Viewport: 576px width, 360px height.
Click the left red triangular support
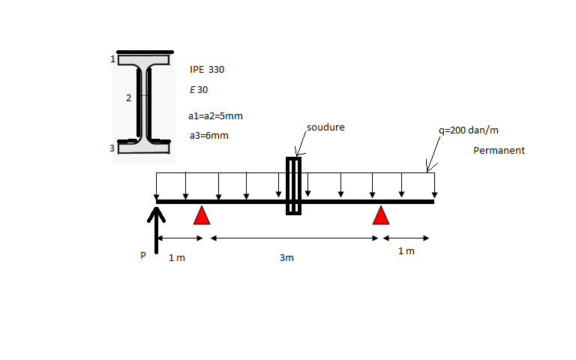pyautogui.click(x=202, y=215)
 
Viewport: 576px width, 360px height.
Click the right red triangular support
pyautogui.click(x=381, y=215)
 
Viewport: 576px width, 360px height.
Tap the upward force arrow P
pyautogui.click(x=157, y=230)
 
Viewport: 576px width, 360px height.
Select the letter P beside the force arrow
pyautogui.click(x=143, y=255)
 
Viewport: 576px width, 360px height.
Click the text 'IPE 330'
pyautogui.click(x=207, y=70)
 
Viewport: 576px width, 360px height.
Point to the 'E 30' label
pyautogui.click(x=199, y=90)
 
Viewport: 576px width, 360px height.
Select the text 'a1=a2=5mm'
pyautogui.click(x=216, y=116)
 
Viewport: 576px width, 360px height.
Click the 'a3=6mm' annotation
pyautogui.click(x=209, y=136)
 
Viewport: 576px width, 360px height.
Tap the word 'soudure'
pyautogui.click(x=325, y=127)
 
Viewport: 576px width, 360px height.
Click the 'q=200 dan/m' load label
pyautogui.click(x=469, y=130)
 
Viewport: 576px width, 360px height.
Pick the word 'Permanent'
pyautogui.click(x=499, y=150)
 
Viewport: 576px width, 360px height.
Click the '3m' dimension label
pyautogui.click(x=286, y=258)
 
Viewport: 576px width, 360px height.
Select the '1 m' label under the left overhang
pyautogui.click(x=177, y=258)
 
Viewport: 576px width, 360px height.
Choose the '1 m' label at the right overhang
pyautogui.click(x=406, y=251)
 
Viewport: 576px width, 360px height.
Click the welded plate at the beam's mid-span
pyautogui.click(x=293, y=186)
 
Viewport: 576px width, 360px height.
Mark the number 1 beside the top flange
pyautogui.click(x=112, y=59)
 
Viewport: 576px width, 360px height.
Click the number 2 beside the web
pyautogui.click(x=128, y=98)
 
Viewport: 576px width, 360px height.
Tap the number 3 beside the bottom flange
pyautogui.click(x=112, y=148)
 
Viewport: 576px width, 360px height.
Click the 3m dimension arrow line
pyautogui.click(x=294, y=238)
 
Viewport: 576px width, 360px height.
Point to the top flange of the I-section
pyautogui.click(x=144, y=60)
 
